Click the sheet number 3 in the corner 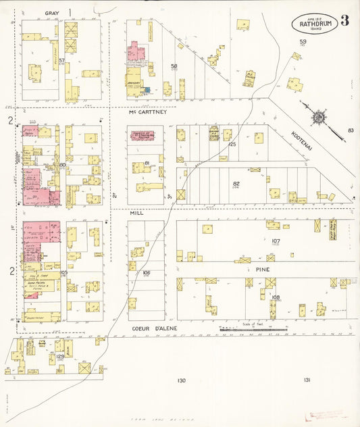[x=344, y=20]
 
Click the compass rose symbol [x=317, y=117]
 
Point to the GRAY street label [x=52, y=13]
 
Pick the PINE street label [x=263, y=268]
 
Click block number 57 [x=61, y=61]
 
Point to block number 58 [x=174, y=66]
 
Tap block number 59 [x=303, y=43]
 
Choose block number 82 [x=236, y=183]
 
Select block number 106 [x=146, y=273]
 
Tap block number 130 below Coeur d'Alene [x=180, y=380]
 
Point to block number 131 [x=307, y=380]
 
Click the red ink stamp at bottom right [x=326, y=416]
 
